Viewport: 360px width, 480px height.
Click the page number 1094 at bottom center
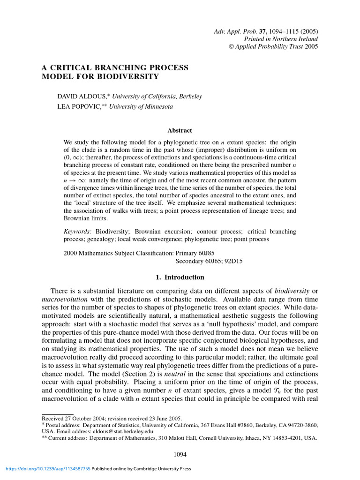(180, 453)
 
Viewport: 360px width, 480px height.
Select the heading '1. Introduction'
(180, 277)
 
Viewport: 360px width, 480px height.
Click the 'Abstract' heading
(180, 131)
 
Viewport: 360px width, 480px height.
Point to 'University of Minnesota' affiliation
(141, 107)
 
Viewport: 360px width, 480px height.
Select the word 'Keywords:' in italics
(78, 232)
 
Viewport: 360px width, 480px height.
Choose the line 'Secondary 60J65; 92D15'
(209, 261)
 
